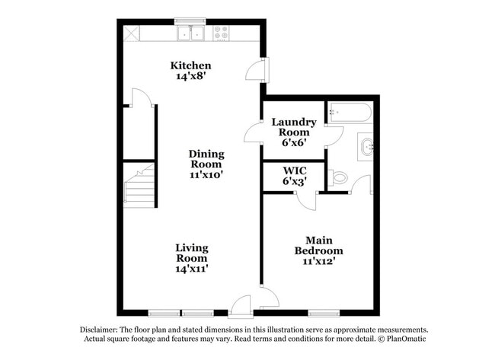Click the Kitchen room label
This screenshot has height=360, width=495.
(190, 65)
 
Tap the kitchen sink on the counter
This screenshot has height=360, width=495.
(191, 33)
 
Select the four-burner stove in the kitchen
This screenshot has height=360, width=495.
(222, 33)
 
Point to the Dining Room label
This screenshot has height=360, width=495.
(206, 158)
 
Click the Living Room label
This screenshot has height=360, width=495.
(191, 253)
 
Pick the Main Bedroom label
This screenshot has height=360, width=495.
(318, 245)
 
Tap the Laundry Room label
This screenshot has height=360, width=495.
(294, 126)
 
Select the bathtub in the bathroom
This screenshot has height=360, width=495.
(350, 113)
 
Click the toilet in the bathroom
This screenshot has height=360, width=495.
(339, 177)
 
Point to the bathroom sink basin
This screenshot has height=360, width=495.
(366, 145)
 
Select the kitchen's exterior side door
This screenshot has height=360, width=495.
(257, 70)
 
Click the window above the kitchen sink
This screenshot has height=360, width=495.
(190, 21)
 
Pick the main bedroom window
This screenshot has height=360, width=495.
(324, 313)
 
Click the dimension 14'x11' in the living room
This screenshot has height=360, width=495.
(191, 268)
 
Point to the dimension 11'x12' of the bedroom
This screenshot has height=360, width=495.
(318, 261)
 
